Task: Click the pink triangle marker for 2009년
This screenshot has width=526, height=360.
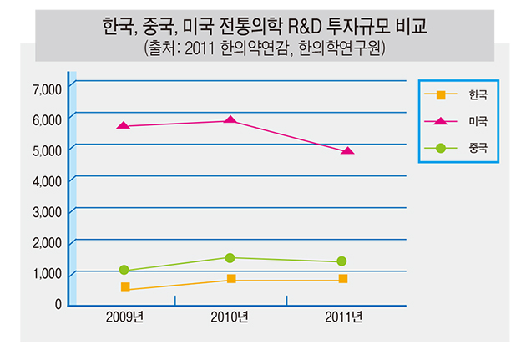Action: pos(124,125)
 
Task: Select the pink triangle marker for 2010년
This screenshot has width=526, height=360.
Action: pos(230,120)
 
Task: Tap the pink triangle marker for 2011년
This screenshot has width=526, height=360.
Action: pos(347,150)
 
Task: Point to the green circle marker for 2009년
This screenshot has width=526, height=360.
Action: pos(124,270)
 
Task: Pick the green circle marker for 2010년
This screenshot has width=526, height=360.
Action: pos(230,258)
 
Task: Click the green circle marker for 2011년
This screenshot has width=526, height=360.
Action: pos(341,261)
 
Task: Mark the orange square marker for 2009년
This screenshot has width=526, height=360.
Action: pos(125,286)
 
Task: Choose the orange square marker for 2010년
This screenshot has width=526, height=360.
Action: pos(230,279)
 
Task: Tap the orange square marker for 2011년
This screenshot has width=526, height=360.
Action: pos(342,279)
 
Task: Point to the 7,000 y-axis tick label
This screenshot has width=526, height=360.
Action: pos(47,88)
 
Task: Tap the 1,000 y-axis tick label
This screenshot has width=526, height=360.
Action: pos(47,273)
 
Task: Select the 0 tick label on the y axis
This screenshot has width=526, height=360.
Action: pos(58,304)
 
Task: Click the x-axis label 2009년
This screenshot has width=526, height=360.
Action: pos(124,317)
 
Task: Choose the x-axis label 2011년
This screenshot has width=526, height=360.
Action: pos(342,317)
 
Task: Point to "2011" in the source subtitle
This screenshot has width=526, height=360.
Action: pos(206,47)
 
